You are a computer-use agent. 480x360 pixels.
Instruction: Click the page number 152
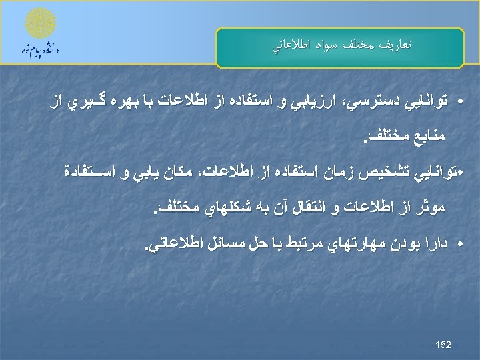point(443,345)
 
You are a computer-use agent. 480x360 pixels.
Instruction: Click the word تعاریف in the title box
point(395,45)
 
